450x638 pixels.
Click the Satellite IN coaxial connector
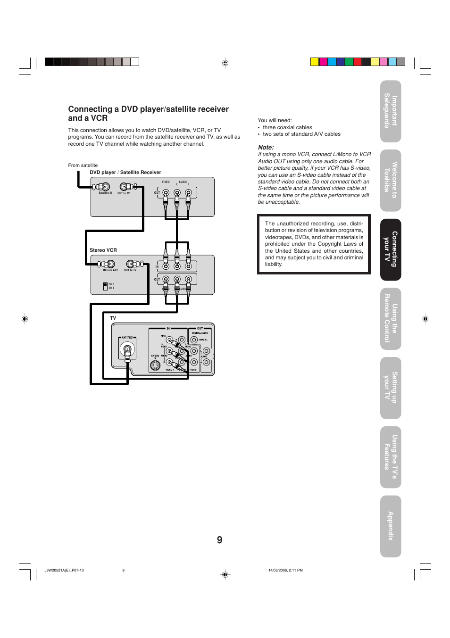[105, 187]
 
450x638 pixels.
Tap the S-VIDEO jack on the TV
[155, 365]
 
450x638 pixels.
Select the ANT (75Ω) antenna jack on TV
[127, 349]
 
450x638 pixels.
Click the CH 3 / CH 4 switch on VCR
[105, 286]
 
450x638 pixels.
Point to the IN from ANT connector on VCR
[110, 264]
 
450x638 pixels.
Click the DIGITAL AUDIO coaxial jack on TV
[194, 340]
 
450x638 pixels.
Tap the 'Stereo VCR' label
[103, 250]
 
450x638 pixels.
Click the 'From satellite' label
[83, 166]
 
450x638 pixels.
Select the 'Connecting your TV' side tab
[391, 249]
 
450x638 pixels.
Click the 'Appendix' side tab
[391, 526]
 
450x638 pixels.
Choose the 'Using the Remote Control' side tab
[391, 319]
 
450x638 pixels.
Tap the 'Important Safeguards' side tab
[391, 111]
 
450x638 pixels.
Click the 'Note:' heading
[266, 148]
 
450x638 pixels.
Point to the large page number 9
[220, 540]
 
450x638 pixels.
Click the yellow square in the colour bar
[314, 62]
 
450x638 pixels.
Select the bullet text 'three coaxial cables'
[287, 127]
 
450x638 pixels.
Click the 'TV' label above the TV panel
[113, 318]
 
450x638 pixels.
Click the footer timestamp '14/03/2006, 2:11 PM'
[285, 570]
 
